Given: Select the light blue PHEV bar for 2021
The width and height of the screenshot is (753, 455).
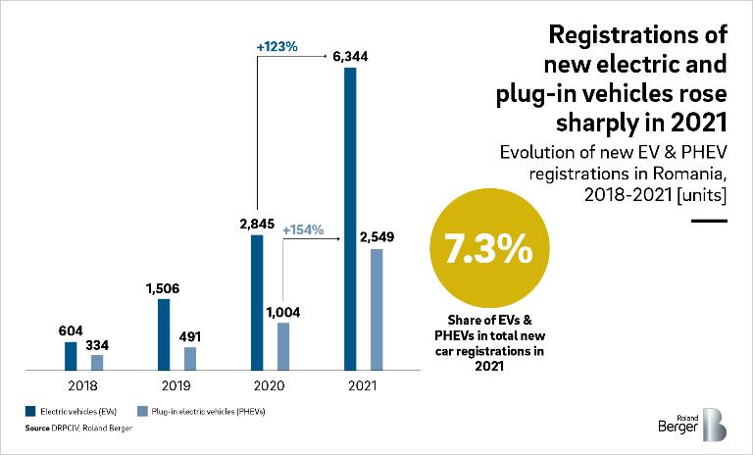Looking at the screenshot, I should point(376,309).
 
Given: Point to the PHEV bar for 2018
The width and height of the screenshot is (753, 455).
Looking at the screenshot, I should point(97,362).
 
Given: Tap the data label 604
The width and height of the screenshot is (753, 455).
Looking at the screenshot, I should point(69,329).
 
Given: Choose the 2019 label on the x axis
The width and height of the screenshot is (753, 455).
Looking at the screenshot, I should point(176,385).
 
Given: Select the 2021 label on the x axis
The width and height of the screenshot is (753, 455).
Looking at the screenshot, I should point(363,385).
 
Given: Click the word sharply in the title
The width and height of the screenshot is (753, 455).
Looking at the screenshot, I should point(605,125).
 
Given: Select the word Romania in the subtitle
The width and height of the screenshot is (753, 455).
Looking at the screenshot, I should point(685,174).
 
